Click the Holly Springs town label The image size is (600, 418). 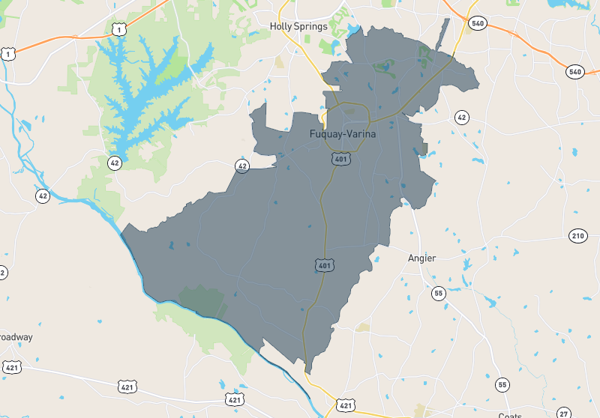click(x=298, y=27)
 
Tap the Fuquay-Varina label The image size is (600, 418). click(x=342, y=134)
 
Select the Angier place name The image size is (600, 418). click(x=421, y=258)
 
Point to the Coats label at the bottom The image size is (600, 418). click(x=511, y=416)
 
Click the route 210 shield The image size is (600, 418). click(x=577, y=237)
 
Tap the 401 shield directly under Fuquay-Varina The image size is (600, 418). click(x=341, y=159)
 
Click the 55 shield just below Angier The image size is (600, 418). click(x=438, y=293)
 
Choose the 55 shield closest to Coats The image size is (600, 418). click(x=502, y=384)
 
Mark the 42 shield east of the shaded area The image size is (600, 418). click(x=461, y=118)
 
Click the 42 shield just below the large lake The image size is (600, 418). click(x=114, y=163)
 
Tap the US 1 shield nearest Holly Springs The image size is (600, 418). click(x=118, y=29)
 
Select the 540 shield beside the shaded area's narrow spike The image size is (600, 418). click(x=476, y=23)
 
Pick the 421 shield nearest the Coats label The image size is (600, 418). click(x=345, y=405)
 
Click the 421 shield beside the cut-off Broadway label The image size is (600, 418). click(x=12, y=367)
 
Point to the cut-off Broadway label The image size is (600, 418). click(x=16, y=337)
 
